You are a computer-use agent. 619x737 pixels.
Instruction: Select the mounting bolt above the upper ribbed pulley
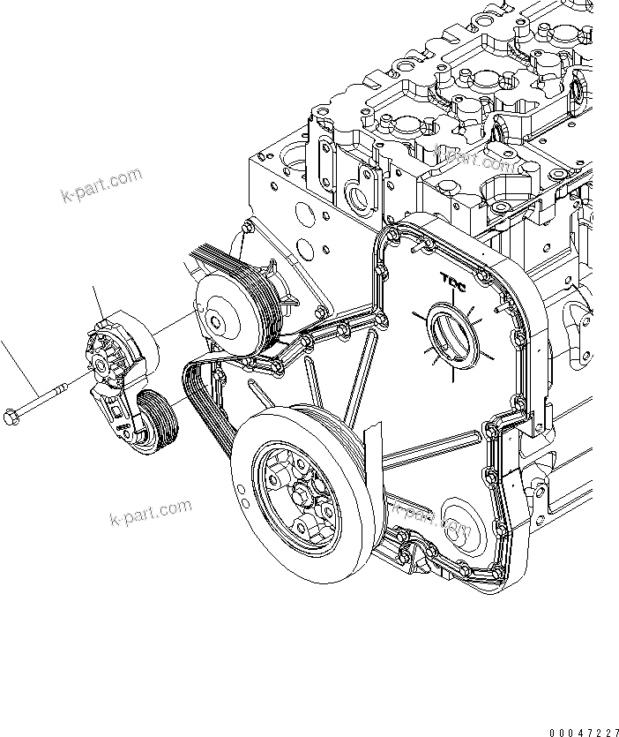pyautogui.click(x=243, y=234)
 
